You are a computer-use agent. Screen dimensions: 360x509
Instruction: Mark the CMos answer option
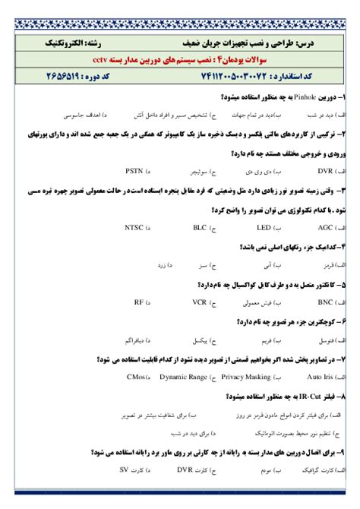tap(139, 377)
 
